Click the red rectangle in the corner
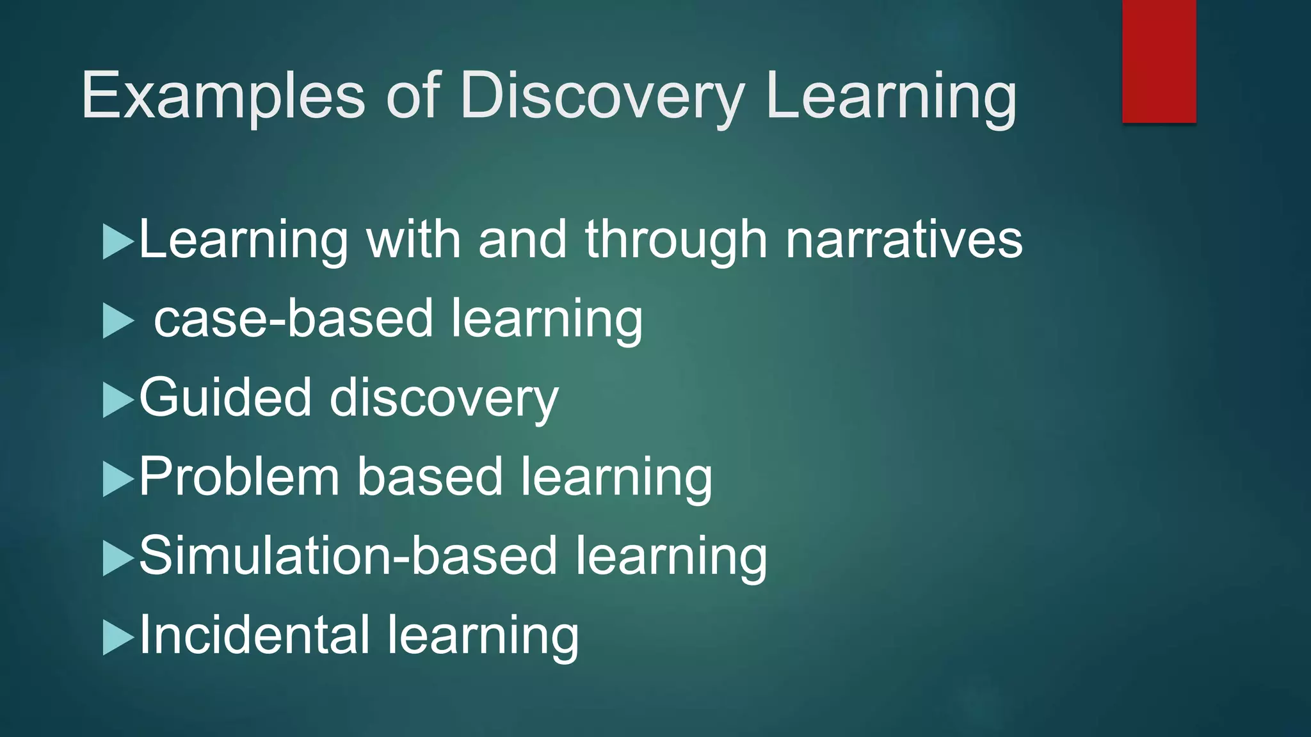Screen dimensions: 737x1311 pos(1159,61)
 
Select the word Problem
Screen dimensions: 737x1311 pos(239,477)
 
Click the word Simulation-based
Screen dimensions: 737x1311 pos(348,556)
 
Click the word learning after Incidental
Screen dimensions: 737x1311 pos(483,635)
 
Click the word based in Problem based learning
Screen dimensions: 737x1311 pos(430,477)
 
